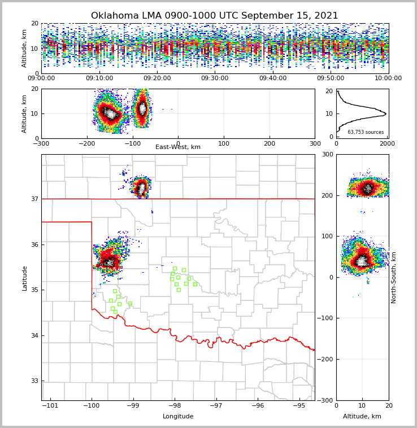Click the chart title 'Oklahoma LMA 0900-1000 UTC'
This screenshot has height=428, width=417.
point(214,16)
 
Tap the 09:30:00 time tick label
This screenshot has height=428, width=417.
point(215,78)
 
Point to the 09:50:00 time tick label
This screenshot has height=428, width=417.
point(331,78)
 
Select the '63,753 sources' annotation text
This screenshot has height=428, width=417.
point(366,132)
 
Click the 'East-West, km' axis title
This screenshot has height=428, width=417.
point(178,147)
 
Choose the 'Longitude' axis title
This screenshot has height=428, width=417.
point(178,417)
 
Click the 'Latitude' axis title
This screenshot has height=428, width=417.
point(24,278)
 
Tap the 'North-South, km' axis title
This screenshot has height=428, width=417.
point(394,277)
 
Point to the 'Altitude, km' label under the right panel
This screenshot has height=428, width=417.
point(362,417)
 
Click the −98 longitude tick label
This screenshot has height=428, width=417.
point(175,406)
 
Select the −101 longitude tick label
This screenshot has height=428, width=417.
point(50,406)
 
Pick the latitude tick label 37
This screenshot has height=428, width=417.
point(34,199)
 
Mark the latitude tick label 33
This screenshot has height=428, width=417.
point(34,381)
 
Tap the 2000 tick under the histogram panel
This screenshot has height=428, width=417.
point(387,144)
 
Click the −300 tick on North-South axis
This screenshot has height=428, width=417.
point(326,400)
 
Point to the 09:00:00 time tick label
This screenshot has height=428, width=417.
point(41,78)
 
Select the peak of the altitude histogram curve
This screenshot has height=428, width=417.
point(385,114)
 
